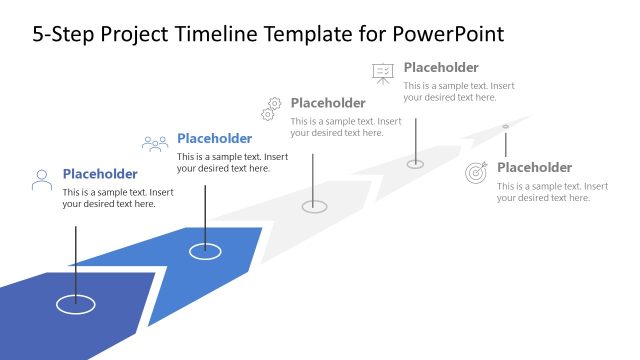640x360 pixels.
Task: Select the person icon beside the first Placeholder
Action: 42,180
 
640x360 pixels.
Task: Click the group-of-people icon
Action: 155,144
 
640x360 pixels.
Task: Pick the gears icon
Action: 272,107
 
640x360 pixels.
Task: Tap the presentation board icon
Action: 383,72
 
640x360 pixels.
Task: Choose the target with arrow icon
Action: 477,172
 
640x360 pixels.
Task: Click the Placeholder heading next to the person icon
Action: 100,173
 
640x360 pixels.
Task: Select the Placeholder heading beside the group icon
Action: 214,138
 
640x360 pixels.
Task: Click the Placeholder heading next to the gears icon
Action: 328,103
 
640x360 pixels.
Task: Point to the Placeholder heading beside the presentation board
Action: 441,68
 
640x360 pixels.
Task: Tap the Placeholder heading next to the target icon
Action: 534,167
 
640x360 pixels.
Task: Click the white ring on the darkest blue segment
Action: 75,302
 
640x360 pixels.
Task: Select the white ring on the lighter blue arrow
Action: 205,251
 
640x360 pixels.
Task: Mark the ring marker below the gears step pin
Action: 314,206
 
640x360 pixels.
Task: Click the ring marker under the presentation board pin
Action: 415,164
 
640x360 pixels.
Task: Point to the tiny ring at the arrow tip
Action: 505,126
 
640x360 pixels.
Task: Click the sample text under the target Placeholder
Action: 552,192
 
